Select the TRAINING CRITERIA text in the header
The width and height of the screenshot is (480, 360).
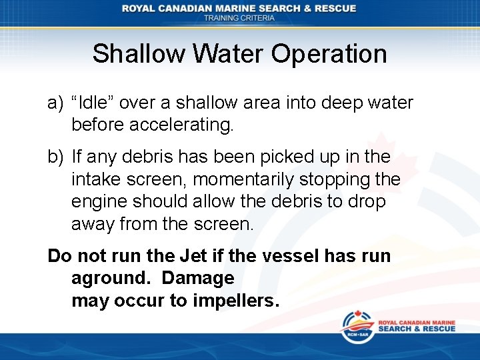pyautogui.click(x=239, y=18)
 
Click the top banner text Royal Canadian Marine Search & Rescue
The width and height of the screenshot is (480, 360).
pyautogui.click(x=239, y=8)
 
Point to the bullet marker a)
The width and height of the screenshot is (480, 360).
pyautogui.click(x=55, y=103)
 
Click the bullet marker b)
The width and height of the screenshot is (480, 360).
pyautogui.click(x=55, y=157)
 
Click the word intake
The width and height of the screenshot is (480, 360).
pyautogui.click(x=94, y=179)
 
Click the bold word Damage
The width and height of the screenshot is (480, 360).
pyautogui.click(x=198, y=278)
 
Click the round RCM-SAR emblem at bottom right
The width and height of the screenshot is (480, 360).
pyautogui.click(x=357, y=327)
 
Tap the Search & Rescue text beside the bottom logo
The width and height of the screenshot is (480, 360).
pyautogui.click(x=416, y=328)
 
